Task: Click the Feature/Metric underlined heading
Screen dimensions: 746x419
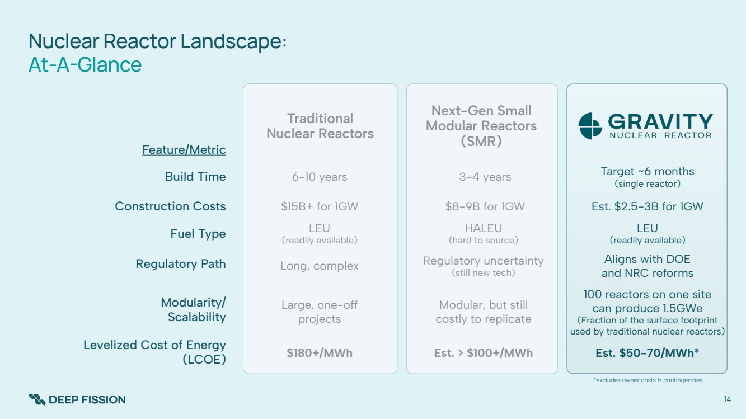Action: click(x=184, y=150)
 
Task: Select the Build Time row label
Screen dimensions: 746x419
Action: click(x=195, y=176)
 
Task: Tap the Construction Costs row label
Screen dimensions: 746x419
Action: click(x=170, y=206)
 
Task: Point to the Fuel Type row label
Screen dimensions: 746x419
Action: click(x=198, y=234)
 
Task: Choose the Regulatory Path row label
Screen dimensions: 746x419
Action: click(x=181, y=264)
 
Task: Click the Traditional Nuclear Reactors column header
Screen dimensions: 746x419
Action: click(x=320, y=126)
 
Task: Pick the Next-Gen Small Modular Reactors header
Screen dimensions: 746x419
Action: click(x=481, y=126)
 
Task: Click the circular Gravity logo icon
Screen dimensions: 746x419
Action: click(x=590, y=126)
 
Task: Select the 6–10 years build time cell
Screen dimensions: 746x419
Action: click(x=320, y=177)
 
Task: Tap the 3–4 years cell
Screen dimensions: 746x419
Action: click(x=485, y=177)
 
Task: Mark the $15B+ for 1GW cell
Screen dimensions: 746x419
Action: click(x=320, y=206)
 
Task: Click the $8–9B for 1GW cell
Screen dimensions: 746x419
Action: click(x=485, y=206)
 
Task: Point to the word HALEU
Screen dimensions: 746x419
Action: click(x=483, y=228)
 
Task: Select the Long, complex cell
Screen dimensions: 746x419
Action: click(x=320, y=266)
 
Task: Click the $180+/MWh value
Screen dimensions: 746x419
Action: click(x=320, y=353)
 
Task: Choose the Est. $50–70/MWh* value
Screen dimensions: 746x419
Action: click(x=647, y=353)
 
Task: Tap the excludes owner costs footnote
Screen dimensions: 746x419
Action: click(x=648, y=380)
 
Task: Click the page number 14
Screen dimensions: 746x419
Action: click(x=727, y=399)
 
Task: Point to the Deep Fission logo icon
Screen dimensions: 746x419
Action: click(x=37, y=399)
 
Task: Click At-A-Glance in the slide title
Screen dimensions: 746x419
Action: click(x=85, y=64)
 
